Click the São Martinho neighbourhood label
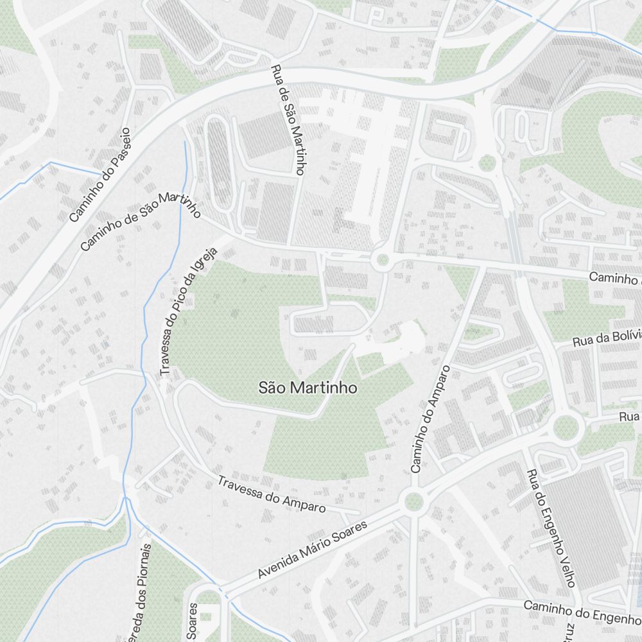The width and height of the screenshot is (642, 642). [x=308, y=388]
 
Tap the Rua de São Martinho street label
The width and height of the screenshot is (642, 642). [x=287, y=120]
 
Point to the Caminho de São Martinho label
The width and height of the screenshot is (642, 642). [x=141, y=221]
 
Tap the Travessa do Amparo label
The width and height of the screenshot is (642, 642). [x=271, y=494]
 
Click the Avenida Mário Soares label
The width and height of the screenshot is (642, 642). [x=312, y=550]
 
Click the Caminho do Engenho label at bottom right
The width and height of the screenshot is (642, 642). [x=582, y=611]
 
